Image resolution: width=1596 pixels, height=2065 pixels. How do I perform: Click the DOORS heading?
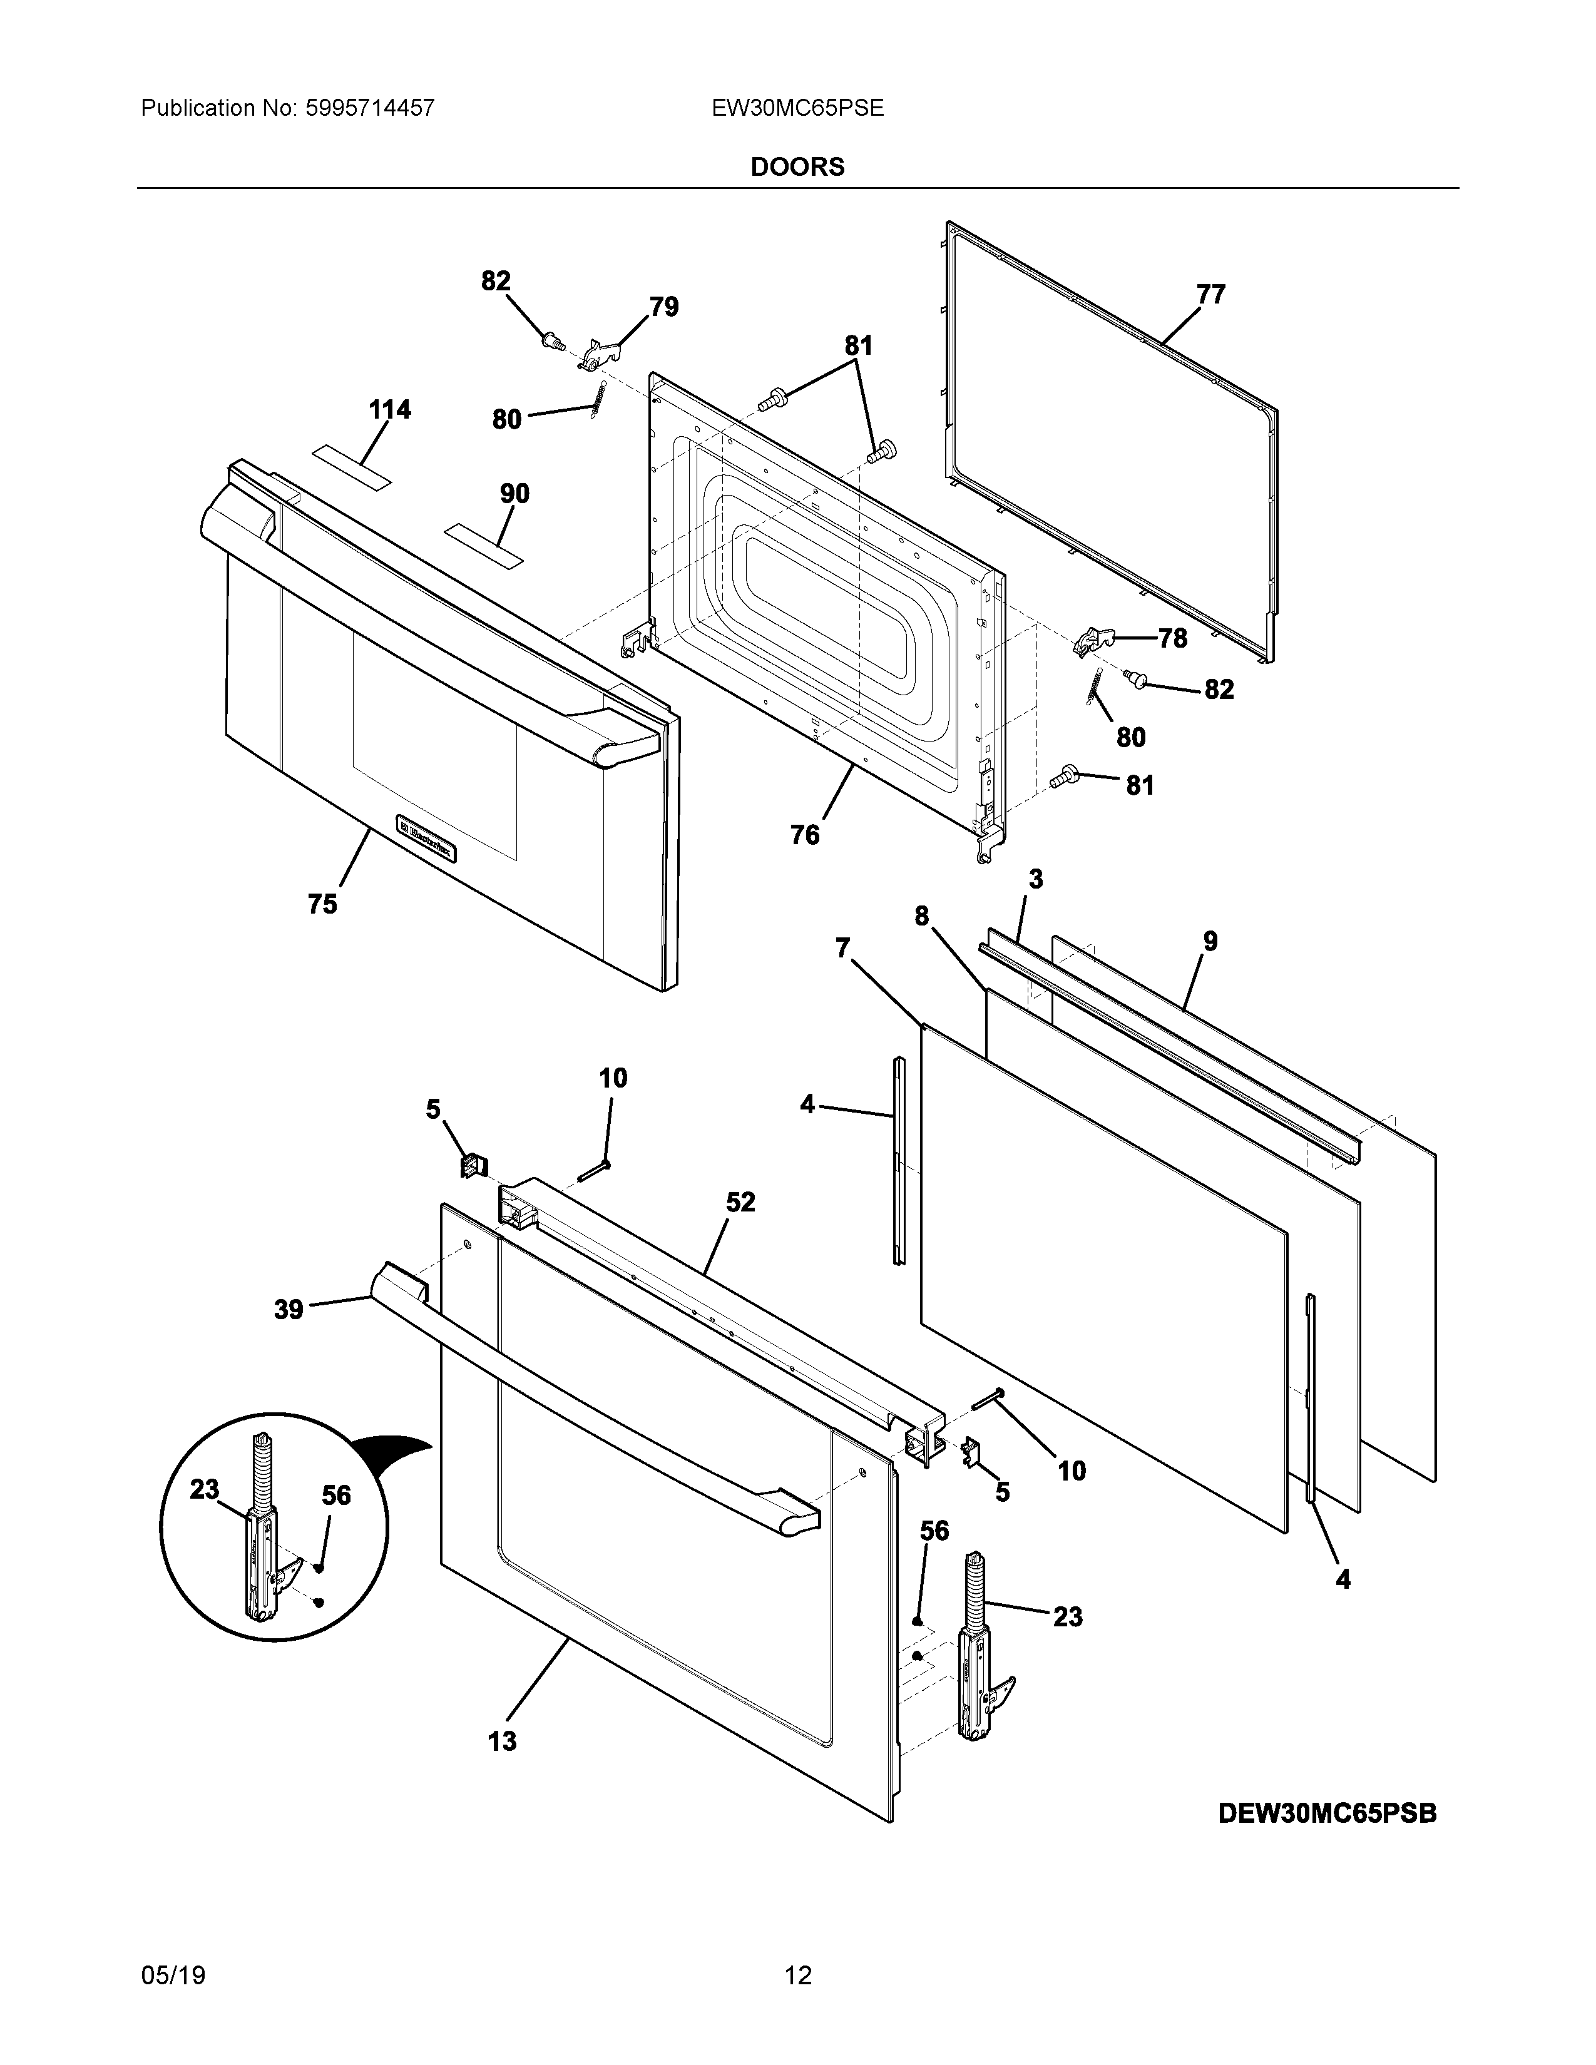[x=797, y=167]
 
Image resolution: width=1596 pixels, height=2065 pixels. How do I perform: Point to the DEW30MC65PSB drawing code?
[x=1326, y=1813]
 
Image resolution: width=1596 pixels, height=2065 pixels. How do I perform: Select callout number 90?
[x=514, y=494]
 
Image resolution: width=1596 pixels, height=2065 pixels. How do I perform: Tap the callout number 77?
[x=1211, y=295]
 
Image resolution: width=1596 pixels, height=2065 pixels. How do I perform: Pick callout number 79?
[x=663, y=307]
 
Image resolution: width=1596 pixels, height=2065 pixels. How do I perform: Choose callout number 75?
[x=322, y=905]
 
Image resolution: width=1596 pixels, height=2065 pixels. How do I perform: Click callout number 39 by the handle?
[x=289, y=1310]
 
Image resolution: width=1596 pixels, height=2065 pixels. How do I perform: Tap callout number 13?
[x=502, y=1741]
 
